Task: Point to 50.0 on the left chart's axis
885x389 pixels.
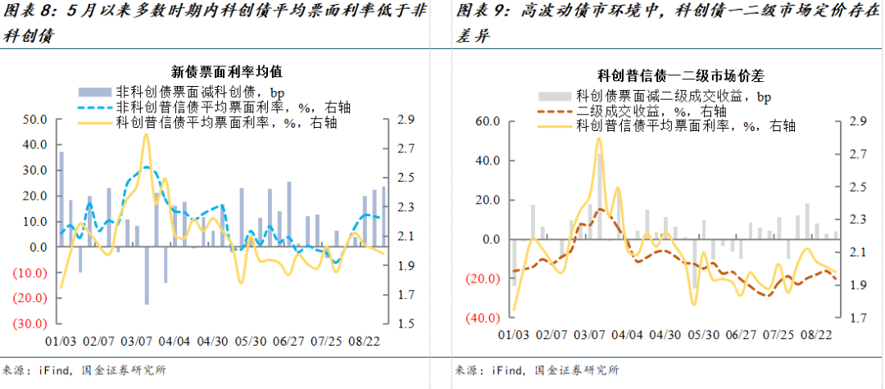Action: click(34, 120)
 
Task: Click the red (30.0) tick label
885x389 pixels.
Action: click(31, 323)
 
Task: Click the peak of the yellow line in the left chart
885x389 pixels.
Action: click(146, 134)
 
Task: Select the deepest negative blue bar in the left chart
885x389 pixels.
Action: click(147, 275)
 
